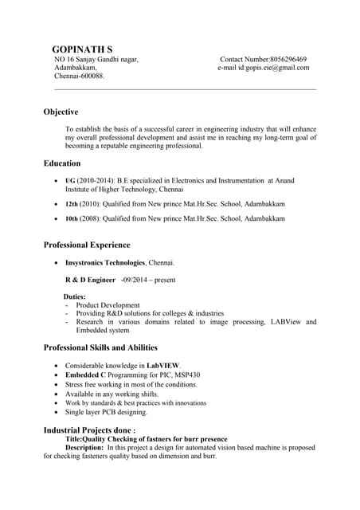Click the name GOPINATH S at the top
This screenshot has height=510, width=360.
pos(81,49)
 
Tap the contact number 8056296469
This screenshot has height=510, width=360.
pos(288,60)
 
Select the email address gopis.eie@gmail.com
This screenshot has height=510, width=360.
pos(274,68)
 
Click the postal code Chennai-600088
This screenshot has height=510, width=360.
pos(79,76)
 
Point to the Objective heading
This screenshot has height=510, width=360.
pos(61,112)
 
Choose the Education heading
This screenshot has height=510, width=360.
pos(62,163)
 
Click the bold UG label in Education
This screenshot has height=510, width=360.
pos(70,182)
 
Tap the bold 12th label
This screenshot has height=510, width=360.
pos(71,204)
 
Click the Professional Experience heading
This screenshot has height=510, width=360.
pos(87,245)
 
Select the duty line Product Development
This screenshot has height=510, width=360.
pos(108,305)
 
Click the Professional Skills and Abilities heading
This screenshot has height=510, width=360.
pos(100,348)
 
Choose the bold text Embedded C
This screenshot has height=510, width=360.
pos(85,375)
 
